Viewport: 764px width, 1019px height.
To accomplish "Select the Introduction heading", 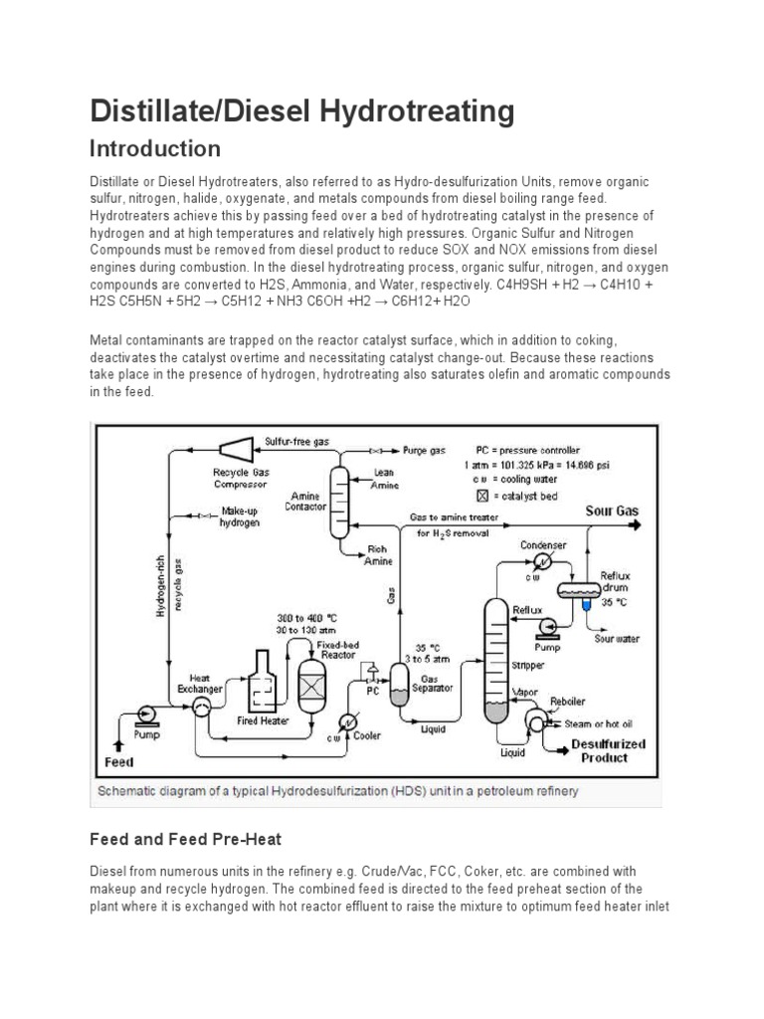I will pos(154,149).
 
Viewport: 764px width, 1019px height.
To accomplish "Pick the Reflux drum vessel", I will pos(583,589).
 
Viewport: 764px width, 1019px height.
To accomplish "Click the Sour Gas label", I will pos(612,510).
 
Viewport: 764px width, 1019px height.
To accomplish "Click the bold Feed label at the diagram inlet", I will pos(119,762).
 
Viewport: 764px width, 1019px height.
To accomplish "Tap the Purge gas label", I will pos(424,451).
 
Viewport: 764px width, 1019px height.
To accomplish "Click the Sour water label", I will pos(617,639).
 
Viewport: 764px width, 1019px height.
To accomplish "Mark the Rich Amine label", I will pos(379,555).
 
